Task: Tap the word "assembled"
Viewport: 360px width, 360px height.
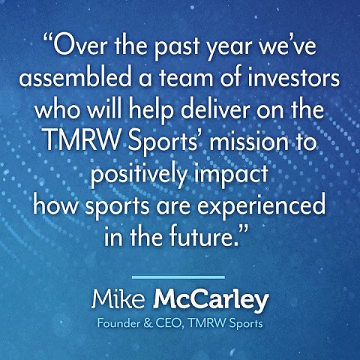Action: click(76, 77)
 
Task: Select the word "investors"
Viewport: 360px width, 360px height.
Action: click(294, 77)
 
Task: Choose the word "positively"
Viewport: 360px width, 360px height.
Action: click(139, 174)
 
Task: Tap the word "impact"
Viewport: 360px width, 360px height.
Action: click(231, 174)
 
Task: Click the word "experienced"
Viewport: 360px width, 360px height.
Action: click(262, 207)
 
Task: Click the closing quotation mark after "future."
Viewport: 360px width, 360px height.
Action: click(242, 228)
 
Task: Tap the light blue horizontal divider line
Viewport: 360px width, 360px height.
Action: click(178, 277)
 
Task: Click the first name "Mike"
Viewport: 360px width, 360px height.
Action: click(118, 299)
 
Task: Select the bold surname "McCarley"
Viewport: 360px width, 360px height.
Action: click(211, 301)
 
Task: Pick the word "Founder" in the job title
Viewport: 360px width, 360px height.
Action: click(118, 323)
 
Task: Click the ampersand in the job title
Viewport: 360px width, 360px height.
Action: click(148, 323)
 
